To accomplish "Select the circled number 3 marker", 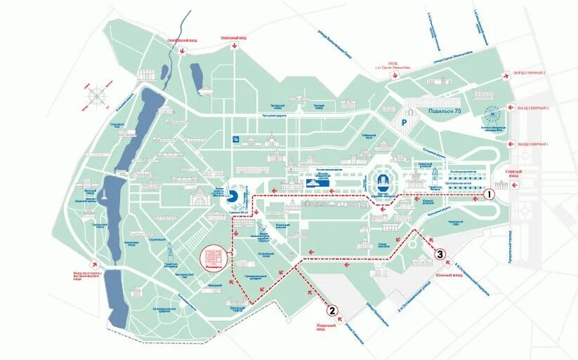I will click(x=440, y=254).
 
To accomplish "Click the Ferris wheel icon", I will click(x=494, y=115).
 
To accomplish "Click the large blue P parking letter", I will click(x=404, y=121).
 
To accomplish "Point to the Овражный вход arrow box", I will click(x=235, y=45).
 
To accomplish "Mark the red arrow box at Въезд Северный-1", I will click(x=504, y=144).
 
